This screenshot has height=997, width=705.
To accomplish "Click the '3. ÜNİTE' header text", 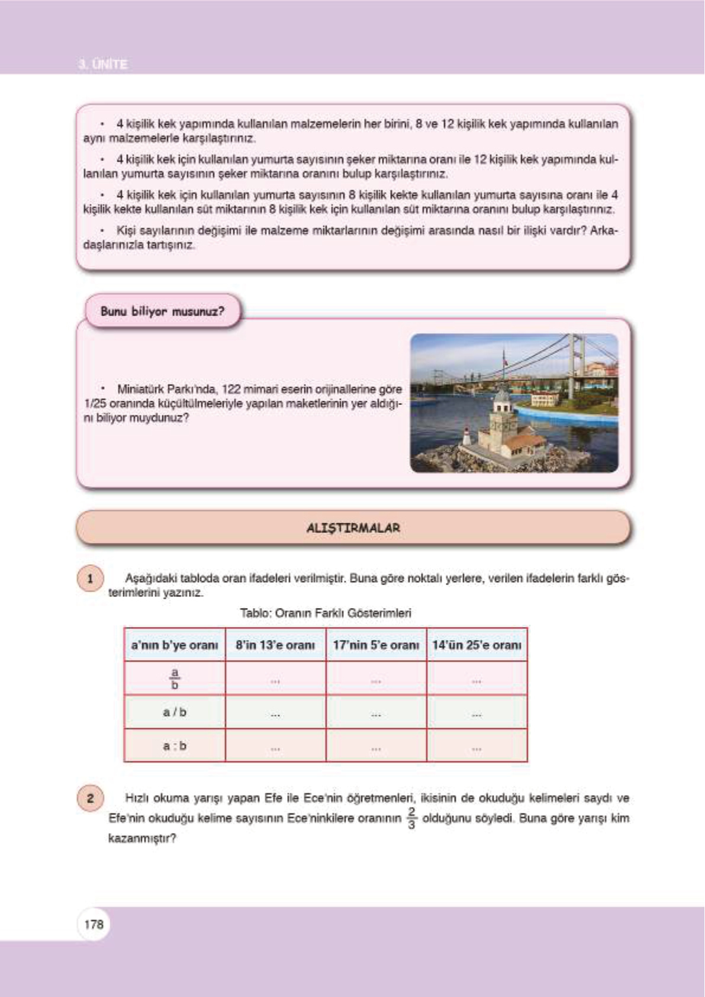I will coord(103,64).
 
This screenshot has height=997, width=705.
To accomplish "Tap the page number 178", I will coord(94,924).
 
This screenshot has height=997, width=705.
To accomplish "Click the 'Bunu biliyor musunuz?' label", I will coord(162,311).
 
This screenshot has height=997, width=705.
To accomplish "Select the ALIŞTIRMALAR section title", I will coord(353,528).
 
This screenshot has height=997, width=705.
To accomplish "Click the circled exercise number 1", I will coord(90,578).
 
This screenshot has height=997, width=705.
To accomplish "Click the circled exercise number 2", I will coord(90,798).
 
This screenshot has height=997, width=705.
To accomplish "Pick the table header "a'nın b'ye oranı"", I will coord(175,645).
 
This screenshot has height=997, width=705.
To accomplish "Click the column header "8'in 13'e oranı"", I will coord(275,645).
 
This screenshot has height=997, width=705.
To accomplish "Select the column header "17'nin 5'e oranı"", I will coord(376,645).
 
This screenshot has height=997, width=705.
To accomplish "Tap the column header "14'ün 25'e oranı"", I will coord(477,645).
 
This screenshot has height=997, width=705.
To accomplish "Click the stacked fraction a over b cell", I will coord(175,678).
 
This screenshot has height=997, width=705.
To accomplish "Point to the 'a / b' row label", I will coord(175,712).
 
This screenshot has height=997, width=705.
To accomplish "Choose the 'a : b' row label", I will coord(175,746).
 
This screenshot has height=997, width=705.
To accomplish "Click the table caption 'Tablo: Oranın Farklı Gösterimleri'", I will coord(325,613).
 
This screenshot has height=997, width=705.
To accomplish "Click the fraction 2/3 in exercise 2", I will coord(412,818).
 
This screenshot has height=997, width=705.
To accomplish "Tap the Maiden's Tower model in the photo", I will coord(503,426).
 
